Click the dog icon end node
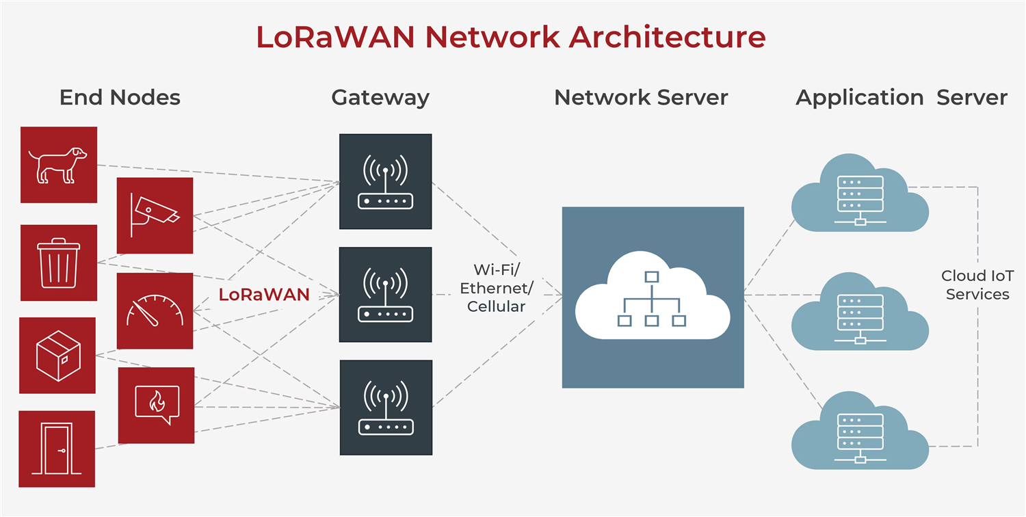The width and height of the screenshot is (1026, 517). (59, 165)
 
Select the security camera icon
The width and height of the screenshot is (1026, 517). (155, 215)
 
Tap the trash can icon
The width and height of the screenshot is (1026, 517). (59, 263)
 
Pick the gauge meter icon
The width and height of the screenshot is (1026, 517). (155, 311)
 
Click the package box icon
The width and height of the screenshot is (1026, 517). (58, 355)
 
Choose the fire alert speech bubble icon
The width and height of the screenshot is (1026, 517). (156, 405)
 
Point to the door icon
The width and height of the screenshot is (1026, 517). (57, 449)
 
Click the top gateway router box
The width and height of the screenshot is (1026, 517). (386, 181)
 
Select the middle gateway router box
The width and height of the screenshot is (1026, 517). (386, 295)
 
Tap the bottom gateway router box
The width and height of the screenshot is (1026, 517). (386, 408)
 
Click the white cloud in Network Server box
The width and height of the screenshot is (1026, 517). (653, 297)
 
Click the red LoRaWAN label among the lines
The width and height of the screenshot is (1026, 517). (264, 295)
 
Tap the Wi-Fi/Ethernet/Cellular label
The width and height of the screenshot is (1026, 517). (496, 288)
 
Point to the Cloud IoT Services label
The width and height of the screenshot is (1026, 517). (977, 285)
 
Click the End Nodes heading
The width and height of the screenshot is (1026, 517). (120, 98)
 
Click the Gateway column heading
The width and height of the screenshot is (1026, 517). (380, 98)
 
